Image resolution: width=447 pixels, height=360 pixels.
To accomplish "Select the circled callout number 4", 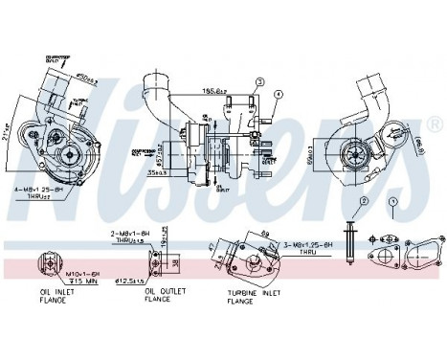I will coord(279,94).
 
